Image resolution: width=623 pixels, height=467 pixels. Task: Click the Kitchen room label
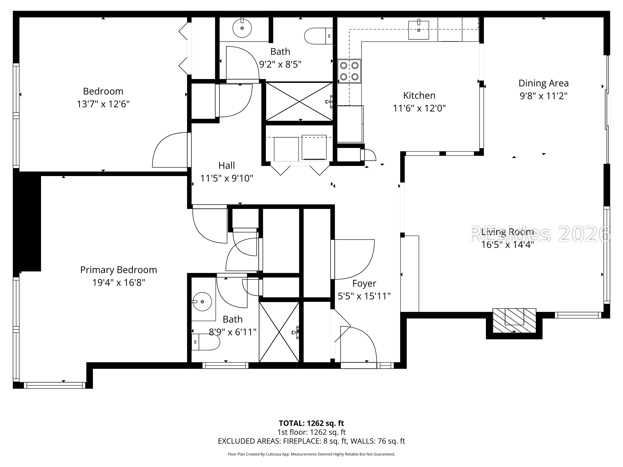[419, 95]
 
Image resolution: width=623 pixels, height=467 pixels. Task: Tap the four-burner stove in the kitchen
[349, 71]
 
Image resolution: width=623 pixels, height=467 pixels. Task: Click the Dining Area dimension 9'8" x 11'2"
[543, 96]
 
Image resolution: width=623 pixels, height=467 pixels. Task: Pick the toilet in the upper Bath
[319, 36]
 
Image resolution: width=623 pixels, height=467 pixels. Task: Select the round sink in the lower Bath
[202, 302]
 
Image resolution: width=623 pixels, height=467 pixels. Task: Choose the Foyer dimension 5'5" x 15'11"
[364, 296]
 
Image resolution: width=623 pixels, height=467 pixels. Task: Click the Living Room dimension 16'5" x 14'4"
[507, 245]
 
